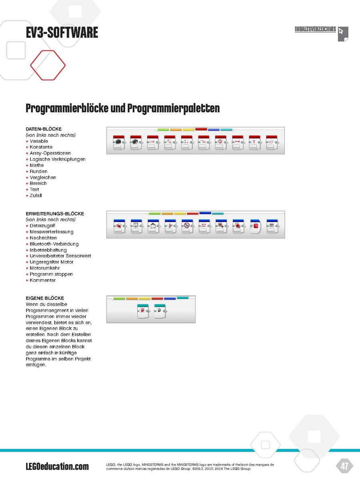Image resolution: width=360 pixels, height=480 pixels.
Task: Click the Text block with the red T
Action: tap(254, 142)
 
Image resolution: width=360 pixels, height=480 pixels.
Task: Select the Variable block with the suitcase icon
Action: tap(119, 142)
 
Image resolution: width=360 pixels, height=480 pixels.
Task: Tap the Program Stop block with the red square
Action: tap(255, 227)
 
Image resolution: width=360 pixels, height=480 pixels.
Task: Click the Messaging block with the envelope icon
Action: tap(153, 227)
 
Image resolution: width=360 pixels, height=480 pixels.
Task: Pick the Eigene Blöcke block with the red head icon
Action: tap(143, 311)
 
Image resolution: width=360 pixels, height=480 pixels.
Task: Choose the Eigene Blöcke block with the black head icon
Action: tap(160, 311)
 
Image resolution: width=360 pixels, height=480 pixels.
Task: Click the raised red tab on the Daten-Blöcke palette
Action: tap(201, 129)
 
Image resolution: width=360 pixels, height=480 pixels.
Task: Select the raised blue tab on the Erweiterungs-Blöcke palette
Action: tap(205, 213)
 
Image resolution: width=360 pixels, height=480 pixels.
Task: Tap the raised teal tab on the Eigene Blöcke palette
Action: tap(183, 298)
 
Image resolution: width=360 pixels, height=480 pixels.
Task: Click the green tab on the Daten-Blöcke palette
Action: tap(163, 130)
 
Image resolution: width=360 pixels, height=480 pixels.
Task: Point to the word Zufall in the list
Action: tap(36, 196)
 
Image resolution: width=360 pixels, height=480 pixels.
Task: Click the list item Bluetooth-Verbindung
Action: tap(54, 244)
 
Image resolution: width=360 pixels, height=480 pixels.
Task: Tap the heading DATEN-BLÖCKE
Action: tap(43, 129)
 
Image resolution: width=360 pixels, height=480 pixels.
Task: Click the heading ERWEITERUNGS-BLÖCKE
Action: tap(54, 214)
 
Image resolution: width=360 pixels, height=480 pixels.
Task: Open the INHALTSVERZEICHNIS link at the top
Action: tap(315, 30)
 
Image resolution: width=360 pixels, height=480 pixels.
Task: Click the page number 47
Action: tap(344, 466)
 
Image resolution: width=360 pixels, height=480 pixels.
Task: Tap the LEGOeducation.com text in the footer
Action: tap(57, 466)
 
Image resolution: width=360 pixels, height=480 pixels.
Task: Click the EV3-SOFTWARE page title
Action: tap(62, 32)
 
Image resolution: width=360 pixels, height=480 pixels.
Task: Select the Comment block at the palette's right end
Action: tap(272, 227)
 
